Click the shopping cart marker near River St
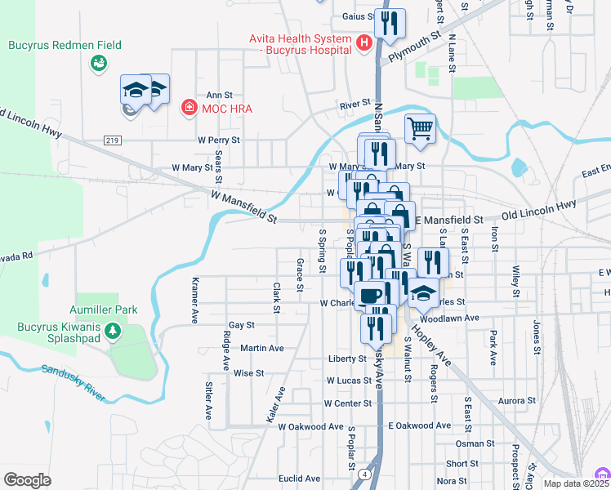coord(420,129)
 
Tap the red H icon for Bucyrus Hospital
coord(364,42)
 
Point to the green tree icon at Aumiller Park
coord(114,332)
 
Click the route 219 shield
coord(114,140)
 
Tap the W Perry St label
coord(218,140)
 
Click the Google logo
coord(27,479)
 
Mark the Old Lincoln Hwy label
coord(538,213)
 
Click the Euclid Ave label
coord(299,479)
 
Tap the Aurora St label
coord(515,401)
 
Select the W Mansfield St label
coord(243,207)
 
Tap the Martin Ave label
coord(262,348)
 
